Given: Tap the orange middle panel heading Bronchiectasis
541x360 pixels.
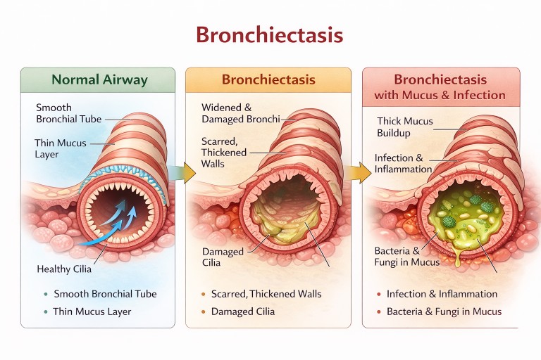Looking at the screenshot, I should [x=268, y=79].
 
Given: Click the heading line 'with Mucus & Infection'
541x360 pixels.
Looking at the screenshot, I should [x=440, y=95].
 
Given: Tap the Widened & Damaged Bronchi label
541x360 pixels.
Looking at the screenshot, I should [x=226, y=114].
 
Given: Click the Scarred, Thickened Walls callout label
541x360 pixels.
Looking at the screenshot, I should [x=224, y=153].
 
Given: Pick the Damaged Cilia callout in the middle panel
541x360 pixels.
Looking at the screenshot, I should [x=223, y=257].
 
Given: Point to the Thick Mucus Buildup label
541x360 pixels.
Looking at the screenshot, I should [x=404, y=127].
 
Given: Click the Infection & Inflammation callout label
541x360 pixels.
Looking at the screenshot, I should [x=403, y=163].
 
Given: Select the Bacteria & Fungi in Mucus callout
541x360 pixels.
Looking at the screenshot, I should [x=406, y=257].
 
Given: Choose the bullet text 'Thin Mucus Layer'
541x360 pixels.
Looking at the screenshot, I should [x=92, y=311].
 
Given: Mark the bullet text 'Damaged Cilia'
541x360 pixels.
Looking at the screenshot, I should [x=242, y=311].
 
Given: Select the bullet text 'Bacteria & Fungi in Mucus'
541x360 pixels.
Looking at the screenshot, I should [x=444, y=311].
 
